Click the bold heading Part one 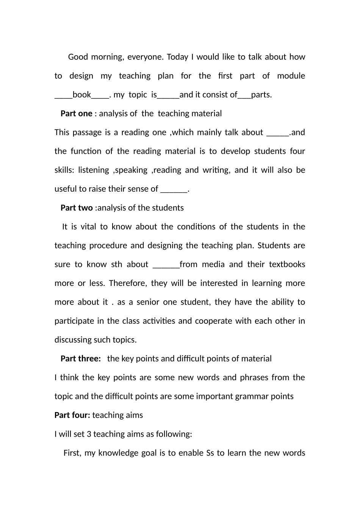76,114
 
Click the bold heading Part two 77,208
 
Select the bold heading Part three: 81,359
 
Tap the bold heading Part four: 72,415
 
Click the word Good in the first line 78,57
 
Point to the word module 291,76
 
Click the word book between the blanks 81,95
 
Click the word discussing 73,340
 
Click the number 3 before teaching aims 89,434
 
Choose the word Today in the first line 177,57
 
